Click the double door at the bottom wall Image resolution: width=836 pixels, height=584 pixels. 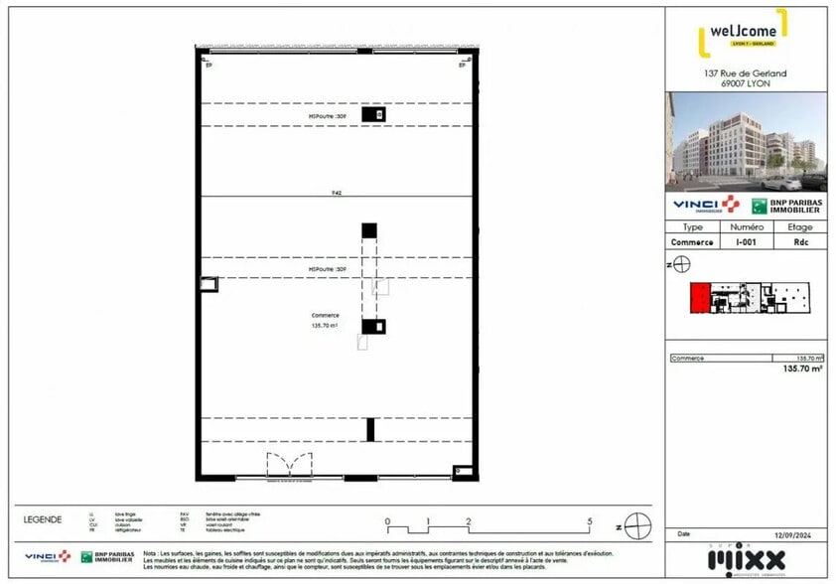289,465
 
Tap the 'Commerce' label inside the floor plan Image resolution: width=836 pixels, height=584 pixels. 325,316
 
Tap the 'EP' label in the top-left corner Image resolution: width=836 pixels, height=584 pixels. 209,66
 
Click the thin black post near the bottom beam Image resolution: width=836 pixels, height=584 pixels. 370,429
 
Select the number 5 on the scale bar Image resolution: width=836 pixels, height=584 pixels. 590,521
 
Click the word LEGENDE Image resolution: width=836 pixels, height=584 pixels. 43,519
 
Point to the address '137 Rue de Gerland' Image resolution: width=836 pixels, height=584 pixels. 745,73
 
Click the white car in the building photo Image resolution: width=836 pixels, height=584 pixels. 782,184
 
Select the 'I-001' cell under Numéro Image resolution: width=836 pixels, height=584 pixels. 746,241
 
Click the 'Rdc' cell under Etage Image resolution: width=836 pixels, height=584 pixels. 799,241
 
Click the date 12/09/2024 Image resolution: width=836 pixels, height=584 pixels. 800,534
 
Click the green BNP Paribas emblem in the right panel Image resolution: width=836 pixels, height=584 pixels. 761,206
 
